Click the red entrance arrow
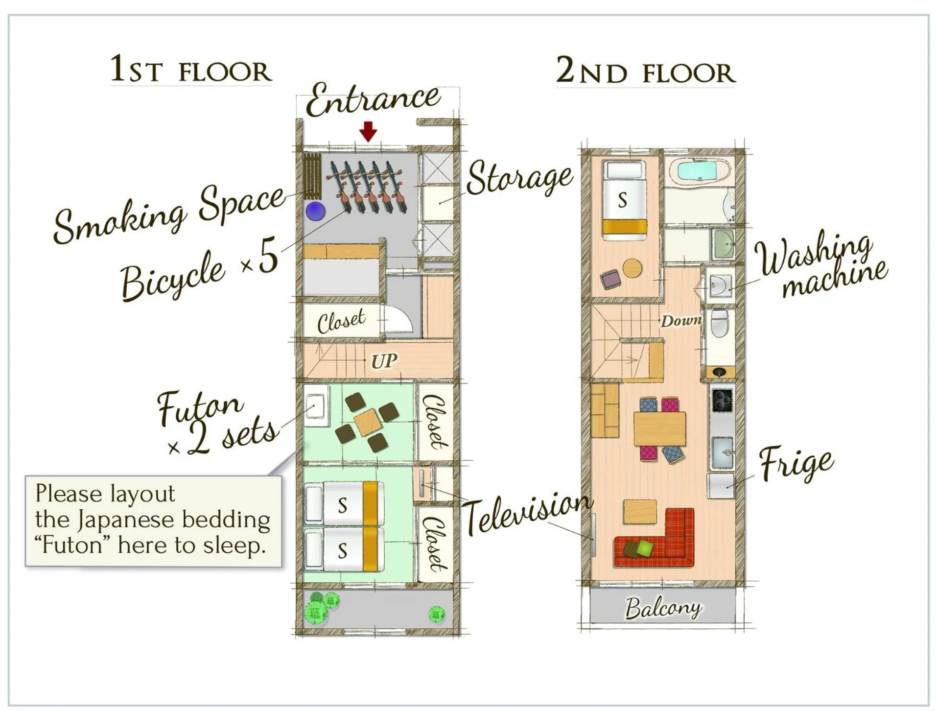click(368, 131)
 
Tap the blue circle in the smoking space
click(315, 212)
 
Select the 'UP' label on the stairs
click(384, 361)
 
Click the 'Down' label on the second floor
click(681, 321)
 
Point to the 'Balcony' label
click(663, 608)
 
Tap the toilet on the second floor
click(719, 324)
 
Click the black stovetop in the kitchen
click(722, 400)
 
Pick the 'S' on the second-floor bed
click(622, 200)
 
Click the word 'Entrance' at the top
click(373, 100)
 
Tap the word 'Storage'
click(519, 178)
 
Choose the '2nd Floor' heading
click(645, 71)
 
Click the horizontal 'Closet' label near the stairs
click(341, 321)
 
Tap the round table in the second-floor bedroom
click(632, 268)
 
